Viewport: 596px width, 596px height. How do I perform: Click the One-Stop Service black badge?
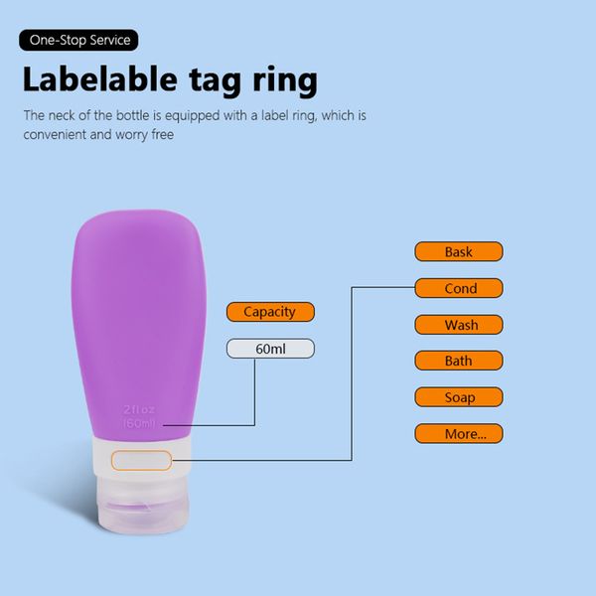[78, 40]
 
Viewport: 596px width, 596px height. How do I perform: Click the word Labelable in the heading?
[100, 79]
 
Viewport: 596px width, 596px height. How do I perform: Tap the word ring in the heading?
[285, 80]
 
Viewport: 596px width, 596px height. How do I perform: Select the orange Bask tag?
[459, 251]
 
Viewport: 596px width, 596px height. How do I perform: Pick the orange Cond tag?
[459, 288]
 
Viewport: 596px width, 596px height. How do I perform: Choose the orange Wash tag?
[459, 325]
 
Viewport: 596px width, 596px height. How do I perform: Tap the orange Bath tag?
[459, 361]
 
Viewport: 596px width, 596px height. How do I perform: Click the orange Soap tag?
[459, 396]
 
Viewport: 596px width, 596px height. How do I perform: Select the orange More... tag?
[459, 433]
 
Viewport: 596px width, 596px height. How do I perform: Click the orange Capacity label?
[270, 312]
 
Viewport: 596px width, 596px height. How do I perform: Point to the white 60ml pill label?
[270, 349]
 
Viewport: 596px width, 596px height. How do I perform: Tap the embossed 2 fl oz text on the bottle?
[139, 409]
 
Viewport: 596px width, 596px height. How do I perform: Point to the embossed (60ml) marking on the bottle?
[139, 423]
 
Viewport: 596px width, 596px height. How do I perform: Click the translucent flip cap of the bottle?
[143, 505]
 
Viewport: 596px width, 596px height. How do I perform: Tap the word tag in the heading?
[216, 81]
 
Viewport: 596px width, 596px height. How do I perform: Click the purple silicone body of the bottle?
[139, 323]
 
